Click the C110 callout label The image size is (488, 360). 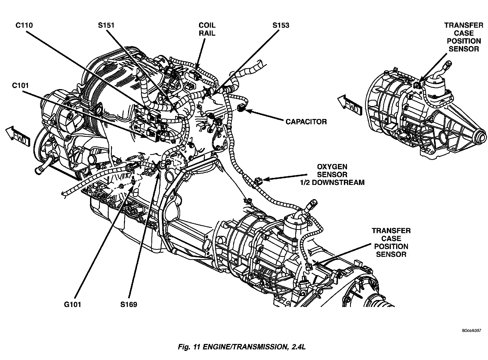pos(24,25)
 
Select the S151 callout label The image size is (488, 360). pos(106,25)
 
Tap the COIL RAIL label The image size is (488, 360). pos(207,29)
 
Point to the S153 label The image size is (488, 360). pos(281,25)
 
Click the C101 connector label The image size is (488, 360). pos(20,86)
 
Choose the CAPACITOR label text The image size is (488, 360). pos(306,122)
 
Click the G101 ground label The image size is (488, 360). pos(72,304)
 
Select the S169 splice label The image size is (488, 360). pos(129,304)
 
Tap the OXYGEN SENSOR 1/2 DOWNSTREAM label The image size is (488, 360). pos(332,175)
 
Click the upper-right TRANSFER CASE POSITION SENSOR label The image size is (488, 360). pos(463,37)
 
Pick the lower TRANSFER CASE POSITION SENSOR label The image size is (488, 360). pos(391,242)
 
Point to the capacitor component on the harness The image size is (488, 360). pos(240,107)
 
